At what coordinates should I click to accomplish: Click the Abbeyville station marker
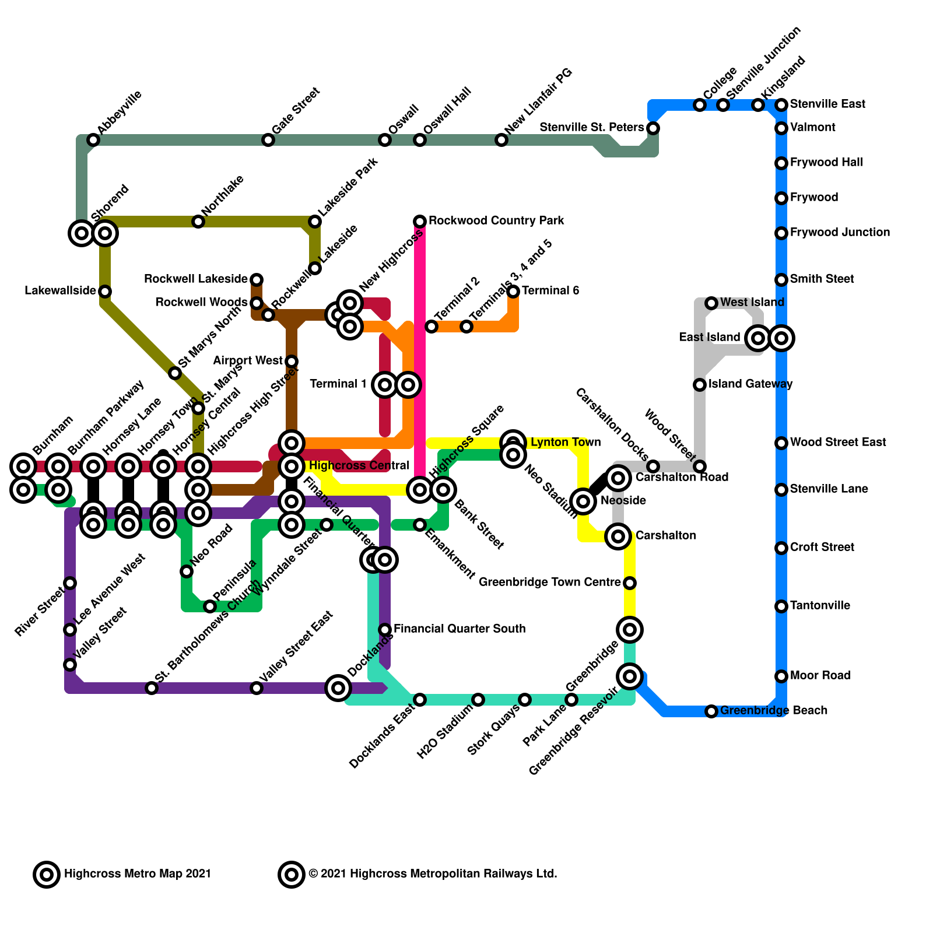(93, 140)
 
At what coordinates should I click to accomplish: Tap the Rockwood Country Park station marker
(420, 222)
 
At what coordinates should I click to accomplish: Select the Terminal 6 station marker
(513, 292)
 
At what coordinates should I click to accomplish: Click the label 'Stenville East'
(827, 104)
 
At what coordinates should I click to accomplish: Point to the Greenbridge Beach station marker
(711, 711)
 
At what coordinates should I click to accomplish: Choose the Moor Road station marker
(781, 676)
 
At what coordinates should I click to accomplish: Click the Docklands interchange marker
(338, 688)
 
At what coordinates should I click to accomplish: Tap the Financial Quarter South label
(460, 629)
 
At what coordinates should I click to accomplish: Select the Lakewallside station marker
(105, 292)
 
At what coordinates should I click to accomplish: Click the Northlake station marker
(198, 222)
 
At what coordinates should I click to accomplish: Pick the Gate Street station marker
(268, 140)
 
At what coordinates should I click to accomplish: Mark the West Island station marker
(711, 303)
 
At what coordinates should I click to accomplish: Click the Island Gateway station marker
(700, 385)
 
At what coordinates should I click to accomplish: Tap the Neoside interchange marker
(583, 500)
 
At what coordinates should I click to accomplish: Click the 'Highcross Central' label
(359, 466)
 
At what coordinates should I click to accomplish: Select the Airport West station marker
(292, 362)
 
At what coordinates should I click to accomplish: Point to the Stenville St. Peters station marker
(653, 128)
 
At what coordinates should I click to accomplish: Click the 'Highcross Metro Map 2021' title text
(138, 874)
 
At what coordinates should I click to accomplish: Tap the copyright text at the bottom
(433, 874)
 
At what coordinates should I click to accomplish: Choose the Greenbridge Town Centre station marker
(630, 583)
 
